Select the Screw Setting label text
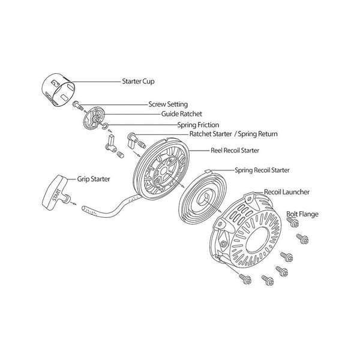[168, 104]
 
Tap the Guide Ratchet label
[182, 113]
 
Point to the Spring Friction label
[198, 124]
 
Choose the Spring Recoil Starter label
[262, 170]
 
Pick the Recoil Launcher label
[287, 193]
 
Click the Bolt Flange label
[302, 214]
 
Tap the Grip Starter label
[94, 178]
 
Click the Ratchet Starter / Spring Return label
[233, 134]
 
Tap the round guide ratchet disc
[94, 116]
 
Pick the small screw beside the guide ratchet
[78, 106]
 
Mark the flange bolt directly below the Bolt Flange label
[293, 223]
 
